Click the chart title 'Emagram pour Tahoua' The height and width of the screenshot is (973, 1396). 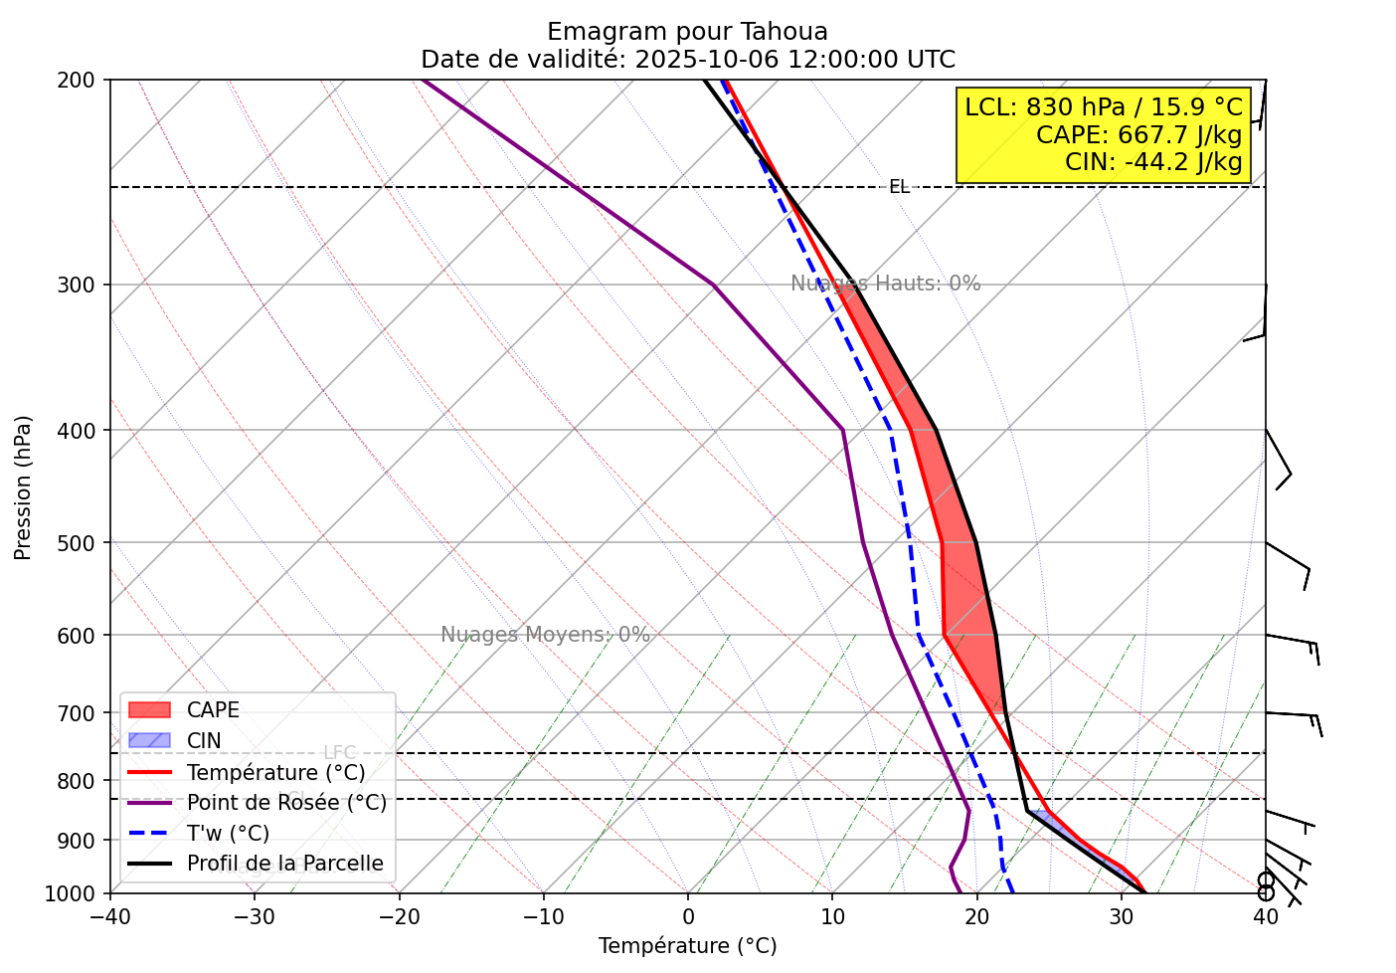(x=687, y=32)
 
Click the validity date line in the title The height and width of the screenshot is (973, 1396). (x=687, y=60)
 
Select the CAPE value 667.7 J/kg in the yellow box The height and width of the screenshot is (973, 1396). (x=1138, y=134)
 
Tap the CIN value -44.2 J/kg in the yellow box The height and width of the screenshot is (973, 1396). (x=1153, y=161)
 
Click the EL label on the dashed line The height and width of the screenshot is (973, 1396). (x=899, y=187)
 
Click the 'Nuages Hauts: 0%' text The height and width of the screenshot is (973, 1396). (x=885, y=284)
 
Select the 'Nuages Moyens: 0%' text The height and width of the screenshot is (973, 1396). (x=545, y=635)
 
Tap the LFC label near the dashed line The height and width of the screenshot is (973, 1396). (x=339, y=753)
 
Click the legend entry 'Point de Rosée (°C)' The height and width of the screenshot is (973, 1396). (x=286, y=803)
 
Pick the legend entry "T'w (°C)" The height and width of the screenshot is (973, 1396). (x=228, y=834)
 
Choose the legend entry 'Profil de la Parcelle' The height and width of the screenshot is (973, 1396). (x=284, y=864)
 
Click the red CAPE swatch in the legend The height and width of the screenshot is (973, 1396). (x=150, y=710)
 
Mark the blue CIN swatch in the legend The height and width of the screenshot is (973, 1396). (x=150, y=741)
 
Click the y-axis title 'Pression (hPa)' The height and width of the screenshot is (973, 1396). (x=23, y=487)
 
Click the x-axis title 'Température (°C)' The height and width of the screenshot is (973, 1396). (x=687, y=946)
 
